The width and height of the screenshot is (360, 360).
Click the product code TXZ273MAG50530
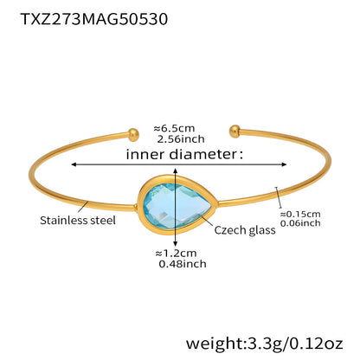click(94, 19)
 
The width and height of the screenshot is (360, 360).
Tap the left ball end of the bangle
click(133, 135)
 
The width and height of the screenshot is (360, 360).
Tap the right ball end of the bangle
click(235, 132)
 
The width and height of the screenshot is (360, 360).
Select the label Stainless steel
click(78, 221)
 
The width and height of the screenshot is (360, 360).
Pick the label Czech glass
click(245, 230)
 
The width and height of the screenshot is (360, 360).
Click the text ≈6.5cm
click(174, 128)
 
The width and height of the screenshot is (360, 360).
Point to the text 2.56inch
click(181, 139)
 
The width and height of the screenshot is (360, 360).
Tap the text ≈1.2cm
click(176, 254)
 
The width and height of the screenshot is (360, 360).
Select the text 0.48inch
click(183, 264)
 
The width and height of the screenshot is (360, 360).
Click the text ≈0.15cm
click(300, 214)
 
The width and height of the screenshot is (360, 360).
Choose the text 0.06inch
click(300, 223)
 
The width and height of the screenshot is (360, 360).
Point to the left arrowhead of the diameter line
click(74, 164)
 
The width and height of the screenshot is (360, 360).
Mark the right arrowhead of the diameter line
click(284, 164)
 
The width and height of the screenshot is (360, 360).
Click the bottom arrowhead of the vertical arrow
click(176, 244)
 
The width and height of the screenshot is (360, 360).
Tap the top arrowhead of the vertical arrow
click(176, 171)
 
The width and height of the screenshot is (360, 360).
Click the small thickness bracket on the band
click(279, 197)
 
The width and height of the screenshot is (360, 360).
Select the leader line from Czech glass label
click(207, 222)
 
